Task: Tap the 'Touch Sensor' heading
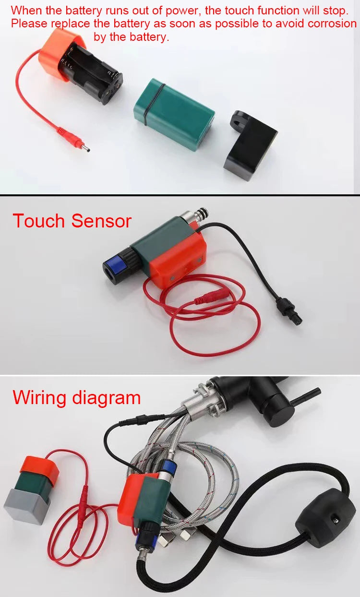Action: [x=72, y=221]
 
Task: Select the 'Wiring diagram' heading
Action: [x=77, y=398]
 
